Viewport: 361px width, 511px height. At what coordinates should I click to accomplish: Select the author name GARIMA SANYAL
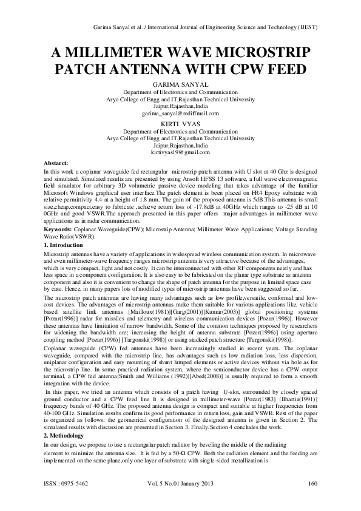click(180, 84)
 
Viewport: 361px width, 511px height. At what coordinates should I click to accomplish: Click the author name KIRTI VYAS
click(180, 123)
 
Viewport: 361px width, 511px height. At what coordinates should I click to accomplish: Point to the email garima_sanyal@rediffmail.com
click(180, 113)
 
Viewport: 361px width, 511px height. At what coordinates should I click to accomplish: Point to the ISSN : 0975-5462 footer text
click(68, 483)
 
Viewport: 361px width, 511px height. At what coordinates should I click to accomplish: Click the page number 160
click(313, 483)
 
